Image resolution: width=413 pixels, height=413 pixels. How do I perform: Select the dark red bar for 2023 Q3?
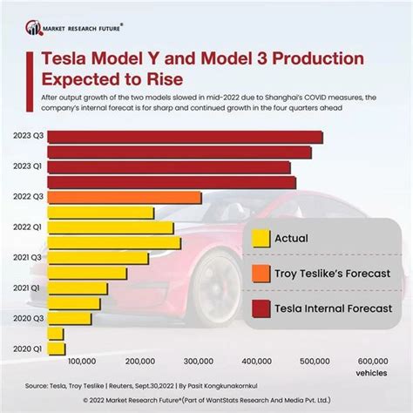tap(184, 137)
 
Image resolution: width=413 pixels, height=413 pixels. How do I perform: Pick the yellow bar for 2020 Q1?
tap(56, 349)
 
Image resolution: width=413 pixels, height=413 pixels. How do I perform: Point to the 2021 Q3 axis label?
tap(27, 258)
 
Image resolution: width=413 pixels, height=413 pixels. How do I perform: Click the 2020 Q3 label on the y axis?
tap(27, 319)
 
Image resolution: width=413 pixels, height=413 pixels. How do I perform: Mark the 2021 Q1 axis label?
tap(27, 288)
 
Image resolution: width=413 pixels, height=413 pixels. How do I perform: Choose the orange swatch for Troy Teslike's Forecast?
tap(259, 274)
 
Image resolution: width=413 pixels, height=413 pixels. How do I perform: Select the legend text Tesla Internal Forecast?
tap(333, 308)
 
